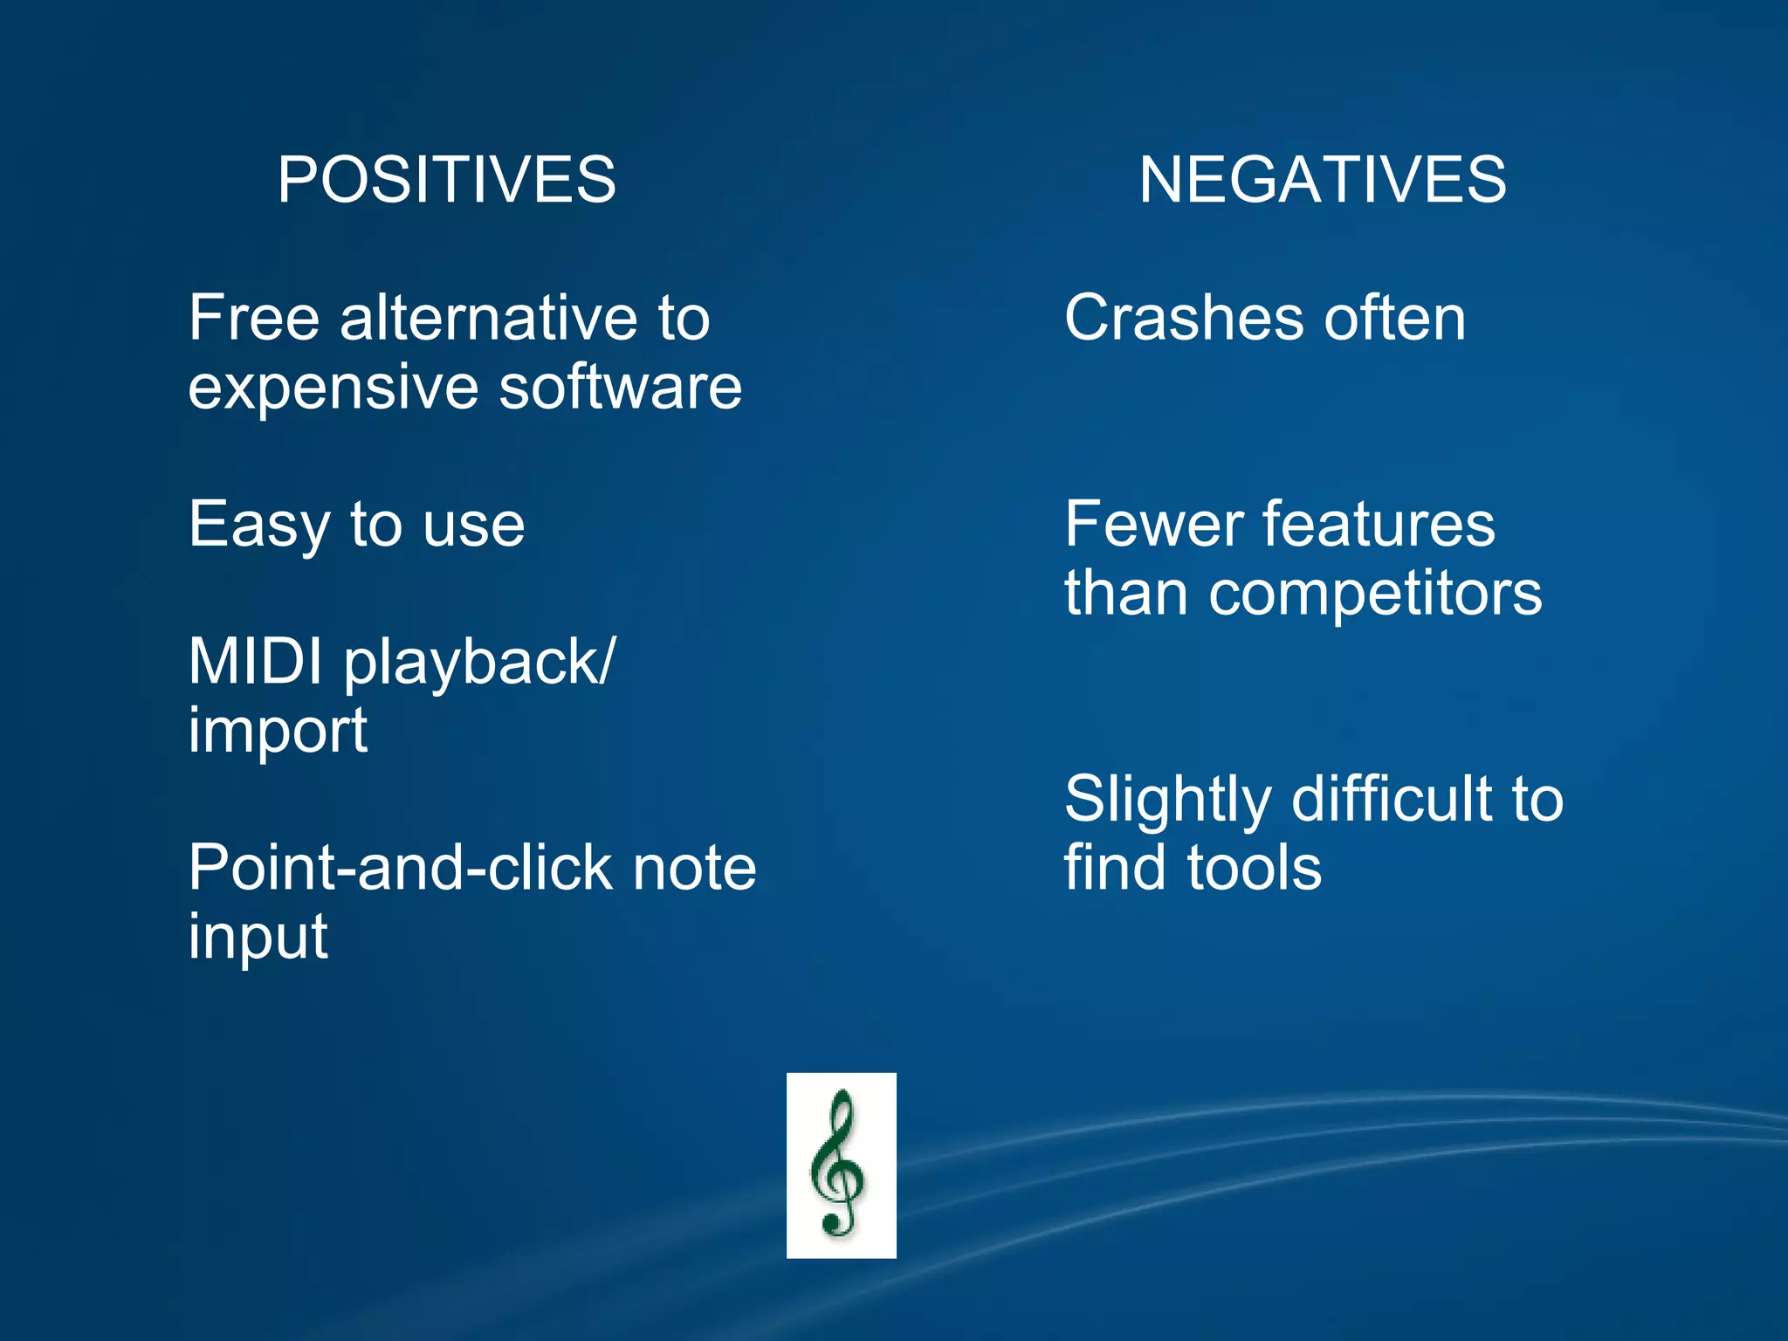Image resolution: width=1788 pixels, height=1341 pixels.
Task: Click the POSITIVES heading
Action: (x=446, y=180)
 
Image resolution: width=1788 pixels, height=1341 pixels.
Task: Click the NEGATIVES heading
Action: (x=1322, y=180)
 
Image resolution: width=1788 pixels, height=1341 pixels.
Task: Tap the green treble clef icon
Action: (x=841, y=1165)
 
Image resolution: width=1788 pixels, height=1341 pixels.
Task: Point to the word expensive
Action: (x=333, y=389)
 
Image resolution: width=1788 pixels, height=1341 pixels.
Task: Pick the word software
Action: (x=620, y=387)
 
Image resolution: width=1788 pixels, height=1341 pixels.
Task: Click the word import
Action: (x=278, y=732)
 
